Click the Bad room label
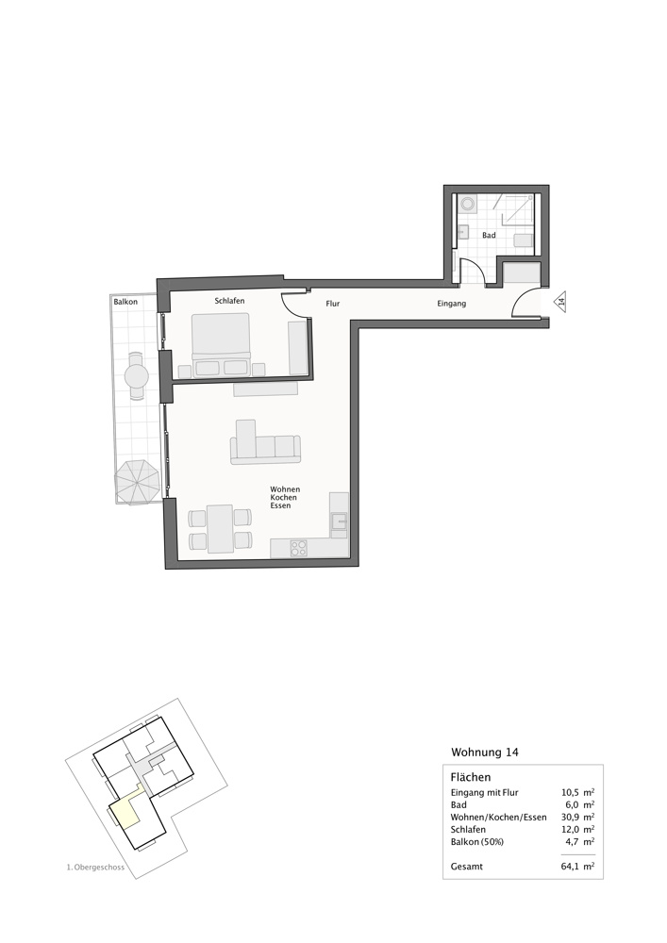[x=489, y=235]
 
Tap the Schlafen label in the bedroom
[x=230, y=301]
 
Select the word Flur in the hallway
[x=333, y=304]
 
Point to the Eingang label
[x=451, y=304]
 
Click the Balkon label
[x=125, y=302]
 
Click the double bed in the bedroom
[x=221, y=344]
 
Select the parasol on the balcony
[x=139, y=482]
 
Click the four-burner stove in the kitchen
[x=299, y=548]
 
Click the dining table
[x=220, y=529]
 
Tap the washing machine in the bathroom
[x=467, y=205]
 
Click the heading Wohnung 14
[x=485, y=752]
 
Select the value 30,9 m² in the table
[x=577, y=817]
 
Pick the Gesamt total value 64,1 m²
[x=577, y=866]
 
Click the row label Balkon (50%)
[x=477, y=841]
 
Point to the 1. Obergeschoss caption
[x=95, y=868]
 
